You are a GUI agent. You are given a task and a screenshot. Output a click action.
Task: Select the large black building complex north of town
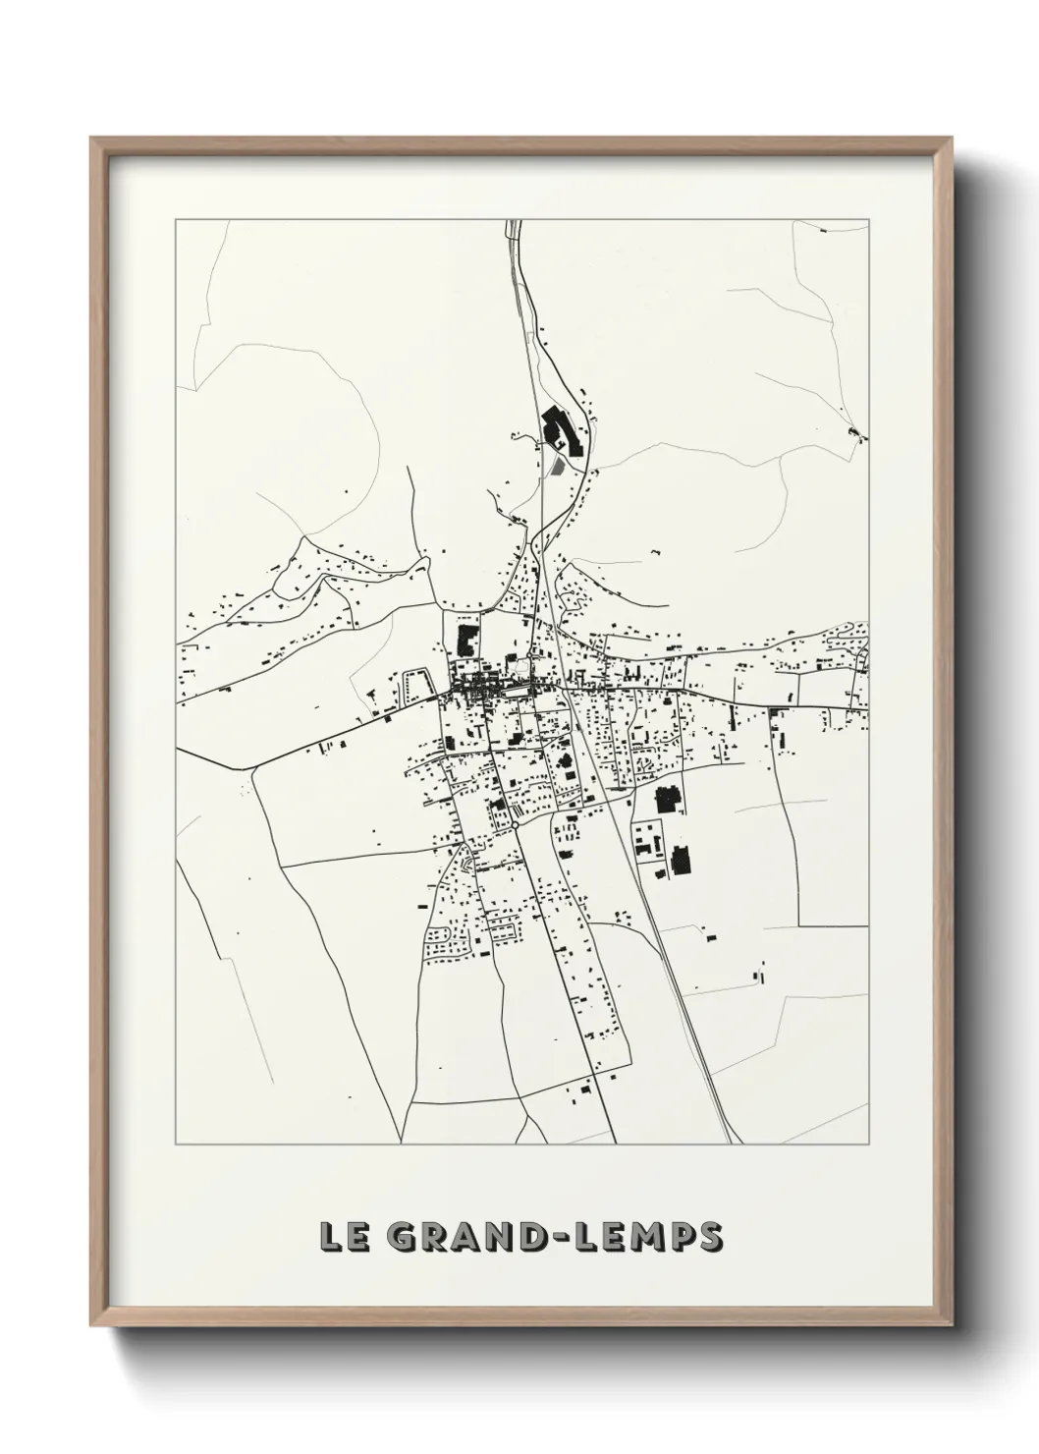tap(560, 431)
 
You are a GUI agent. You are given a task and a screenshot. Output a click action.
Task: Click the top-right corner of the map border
tap(869, 220)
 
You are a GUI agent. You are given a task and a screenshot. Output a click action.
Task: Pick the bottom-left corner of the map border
tap(176, 1145)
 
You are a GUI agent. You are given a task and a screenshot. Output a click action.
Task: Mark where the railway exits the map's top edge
tap(510, 222)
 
